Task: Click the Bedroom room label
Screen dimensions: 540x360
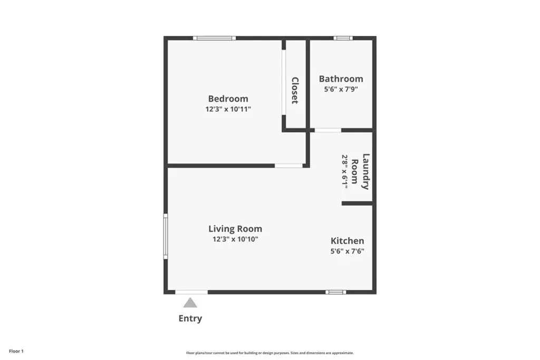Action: point(228,99)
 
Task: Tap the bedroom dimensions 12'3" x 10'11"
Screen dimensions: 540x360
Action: point(228,110)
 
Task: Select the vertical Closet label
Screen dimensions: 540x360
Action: point(295,90)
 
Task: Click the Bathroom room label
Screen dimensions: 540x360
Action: point(341,79)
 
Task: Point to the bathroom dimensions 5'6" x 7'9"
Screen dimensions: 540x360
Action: point(341,89)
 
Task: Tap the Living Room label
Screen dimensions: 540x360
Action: point(235,229)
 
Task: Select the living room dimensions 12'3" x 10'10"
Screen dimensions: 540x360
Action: point(235,239)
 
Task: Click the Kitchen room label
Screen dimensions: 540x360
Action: point(347,241)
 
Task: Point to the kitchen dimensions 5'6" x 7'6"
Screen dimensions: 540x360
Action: point(347,251)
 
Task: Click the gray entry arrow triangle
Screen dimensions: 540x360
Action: point(190,303)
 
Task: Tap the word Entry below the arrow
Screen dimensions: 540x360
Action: point(190,318)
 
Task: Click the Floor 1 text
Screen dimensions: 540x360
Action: point(16,352)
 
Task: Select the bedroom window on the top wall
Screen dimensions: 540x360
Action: point(215,38)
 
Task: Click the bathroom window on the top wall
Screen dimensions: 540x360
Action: point(343,38)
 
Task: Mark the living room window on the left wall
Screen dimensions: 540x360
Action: point(166,236)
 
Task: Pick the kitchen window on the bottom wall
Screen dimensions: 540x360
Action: point(336,292)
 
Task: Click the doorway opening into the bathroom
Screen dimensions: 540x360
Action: point(328,130)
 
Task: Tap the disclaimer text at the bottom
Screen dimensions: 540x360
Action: point(270,353)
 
